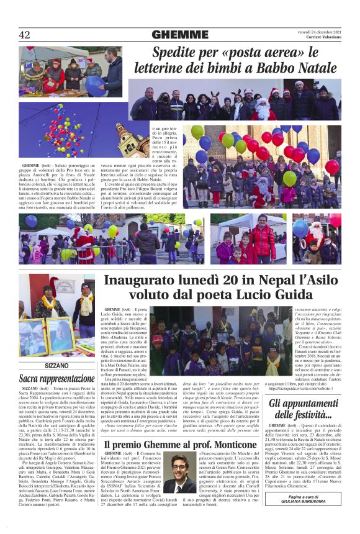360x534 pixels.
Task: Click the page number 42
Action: click(x=25, y=35)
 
